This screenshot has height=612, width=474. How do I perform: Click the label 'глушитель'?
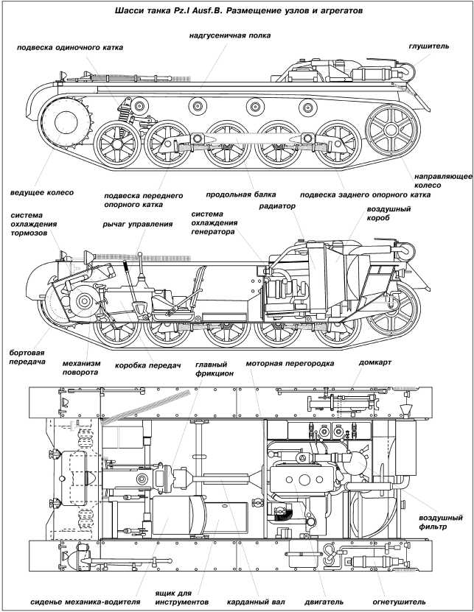(x=428, y=46)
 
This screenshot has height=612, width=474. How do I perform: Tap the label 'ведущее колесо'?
(x=42, y=191)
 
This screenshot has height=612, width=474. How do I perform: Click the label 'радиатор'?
(x=277, y=207)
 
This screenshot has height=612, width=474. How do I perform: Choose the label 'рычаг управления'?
(x=138, y=225)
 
